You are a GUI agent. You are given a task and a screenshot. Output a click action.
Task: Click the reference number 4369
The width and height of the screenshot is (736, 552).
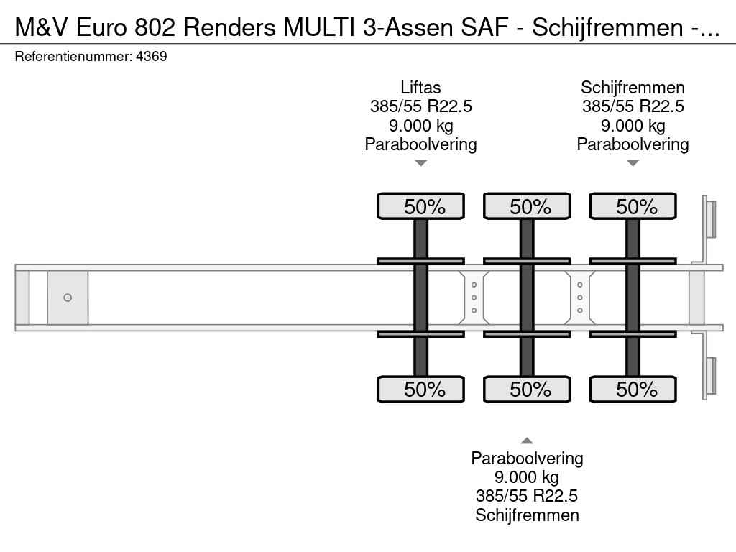point(151,56)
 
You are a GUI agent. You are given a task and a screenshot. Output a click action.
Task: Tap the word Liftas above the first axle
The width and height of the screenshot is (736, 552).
point(420,87)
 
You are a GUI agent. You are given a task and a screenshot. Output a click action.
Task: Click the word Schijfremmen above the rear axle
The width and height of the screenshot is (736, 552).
point(632,88)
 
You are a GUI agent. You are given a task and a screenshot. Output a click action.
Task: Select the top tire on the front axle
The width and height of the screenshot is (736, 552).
point(421,206)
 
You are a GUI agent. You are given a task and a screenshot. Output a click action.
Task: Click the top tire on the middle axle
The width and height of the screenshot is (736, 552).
point(527,206)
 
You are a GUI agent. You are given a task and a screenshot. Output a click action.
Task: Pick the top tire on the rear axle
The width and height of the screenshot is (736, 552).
point(632,206)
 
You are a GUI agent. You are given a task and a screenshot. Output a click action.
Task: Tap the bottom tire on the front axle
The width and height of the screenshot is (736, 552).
point(421,389)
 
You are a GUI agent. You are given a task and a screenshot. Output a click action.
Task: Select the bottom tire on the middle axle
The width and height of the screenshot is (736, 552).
point(527,389)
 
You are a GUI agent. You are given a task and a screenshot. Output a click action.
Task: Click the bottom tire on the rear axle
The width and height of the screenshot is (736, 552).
point(632,389)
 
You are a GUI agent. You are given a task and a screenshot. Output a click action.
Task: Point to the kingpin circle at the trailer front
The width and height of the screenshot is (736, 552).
point(68,298)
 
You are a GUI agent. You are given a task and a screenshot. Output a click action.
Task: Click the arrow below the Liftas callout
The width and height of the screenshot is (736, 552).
point(421,163)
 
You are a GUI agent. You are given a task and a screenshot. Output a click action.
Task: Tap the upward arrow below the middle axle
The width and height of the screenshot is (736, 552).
point(527,441)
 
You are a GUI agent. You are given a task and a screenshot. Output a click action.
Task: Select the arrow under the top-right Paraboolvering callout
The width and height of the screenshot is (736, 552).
point(632,163)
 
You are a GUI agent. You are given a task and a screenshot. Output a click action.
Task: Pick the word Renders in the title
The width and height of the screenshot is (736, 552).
point(229,28)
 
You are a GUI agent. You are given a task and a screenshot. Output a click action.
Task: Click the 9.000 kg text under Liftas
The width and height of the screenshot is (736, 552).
point(421,126)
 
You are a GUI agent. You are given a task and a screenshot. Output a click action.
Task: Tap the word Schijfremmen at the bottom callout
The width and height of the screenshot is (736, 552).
point(527,515)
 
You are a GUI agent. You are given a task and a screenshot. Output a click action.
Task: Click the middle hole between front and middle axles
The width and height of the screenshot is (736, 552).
point(474,298)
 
